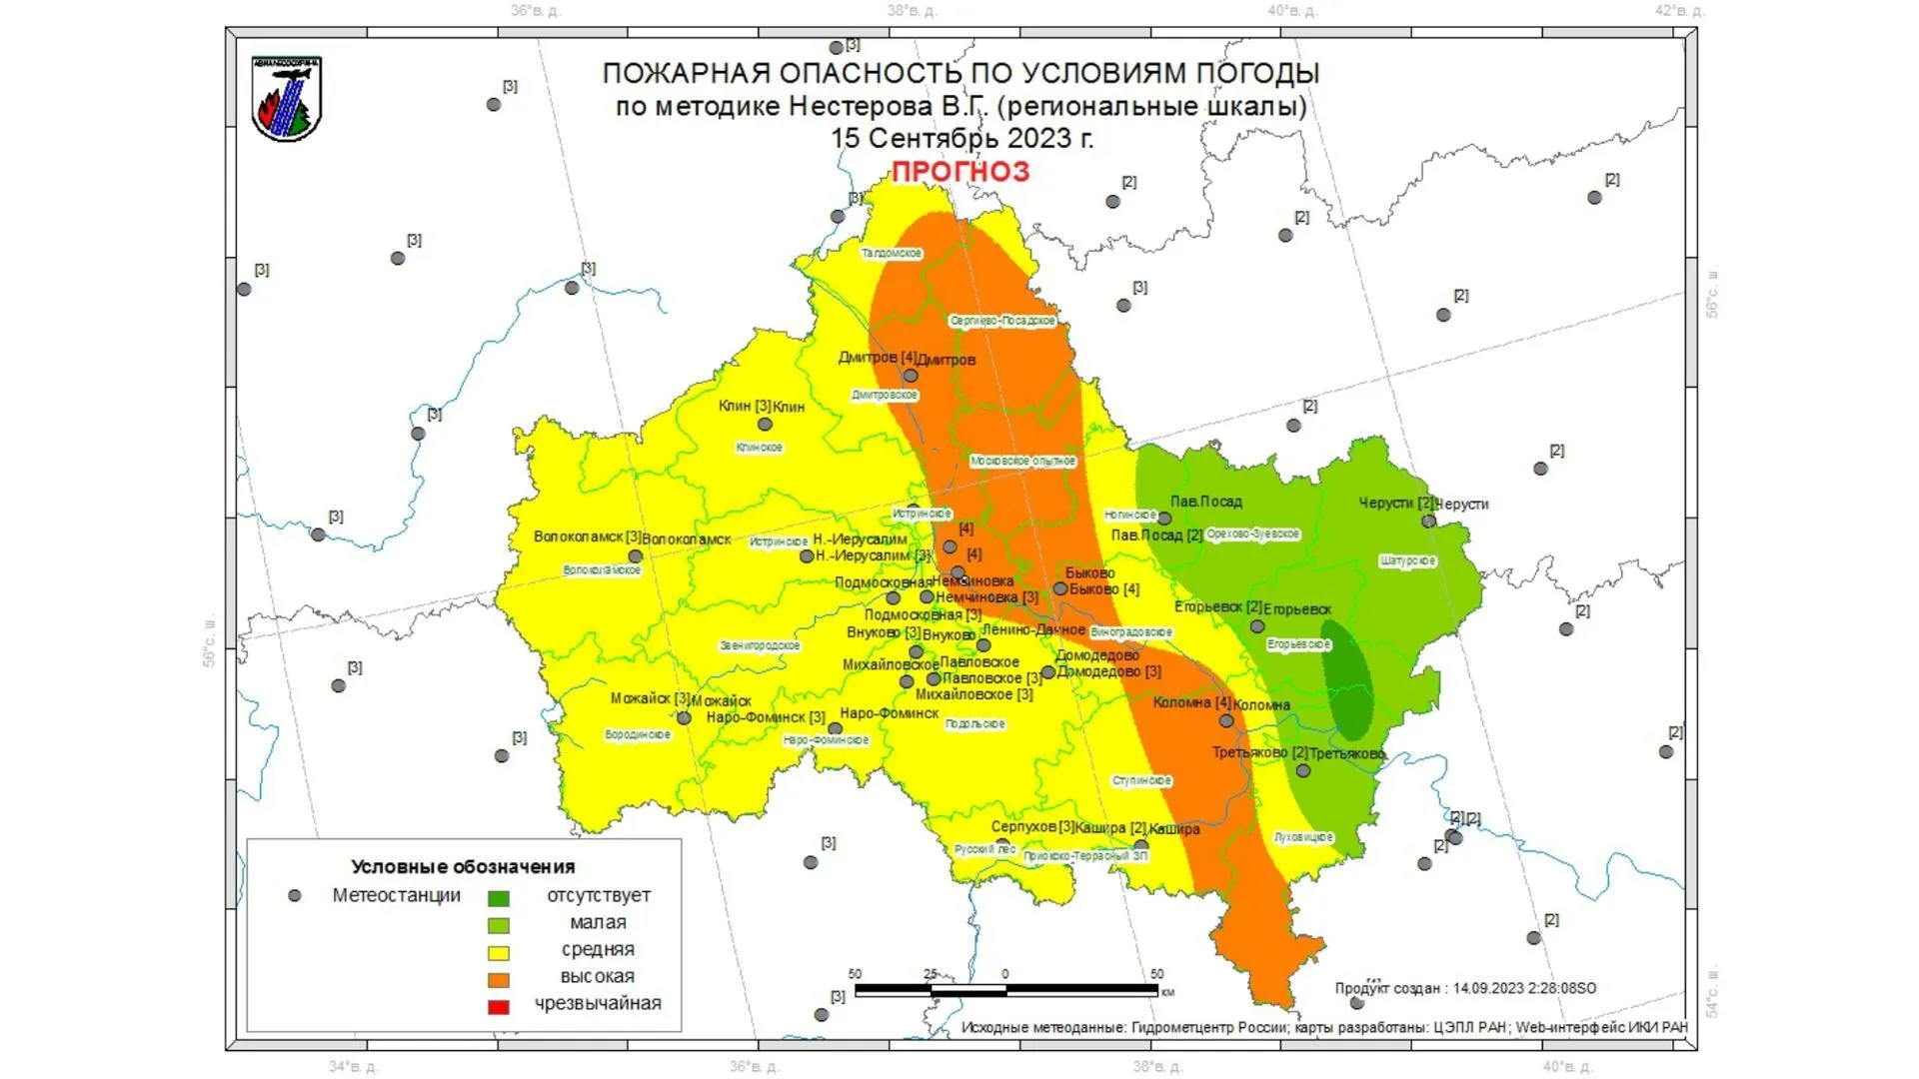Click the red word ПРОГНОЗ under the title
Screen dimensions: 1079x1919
[959, 172]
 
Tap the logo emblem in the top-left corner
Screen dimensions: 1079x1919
[287, 99]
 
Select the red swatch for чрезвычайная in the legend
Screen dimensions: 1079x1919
[498, 1006]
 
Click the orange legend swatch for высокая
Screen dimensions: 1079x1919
[498, 979]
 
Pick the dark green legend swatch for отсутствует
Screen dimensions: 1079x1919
[498, 898]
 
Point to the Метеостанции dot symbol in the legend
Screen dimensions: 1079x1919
[294, 896]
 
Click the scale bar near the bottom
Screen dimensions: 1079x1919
[1005, 990]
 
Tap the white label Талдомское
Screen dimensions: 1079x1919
[892, 254]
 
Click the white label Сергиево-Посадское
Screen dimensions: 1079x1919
[1002, 321]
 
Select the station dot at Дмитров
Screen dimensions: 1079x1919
[911, 377]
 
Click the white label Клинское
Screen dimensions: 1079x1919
[759, 448]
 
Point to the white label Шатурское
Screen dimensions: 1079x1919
[1407, 561]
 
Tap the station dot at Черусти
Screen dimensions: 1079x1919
[1428, 522]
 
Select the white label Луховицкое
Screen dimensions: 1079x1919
[1303, 837]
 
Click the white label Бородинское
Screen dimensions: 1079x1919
[638, 735]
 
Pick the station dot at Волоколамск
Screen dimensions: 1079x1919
[635, 557]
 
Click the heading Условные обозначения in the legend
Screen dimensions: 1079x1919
[463, 867]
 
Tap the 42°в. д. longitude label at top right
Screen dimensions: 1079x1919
[1678, 11]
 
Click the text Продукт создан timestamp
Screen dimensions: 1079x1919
[1465, 988]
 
